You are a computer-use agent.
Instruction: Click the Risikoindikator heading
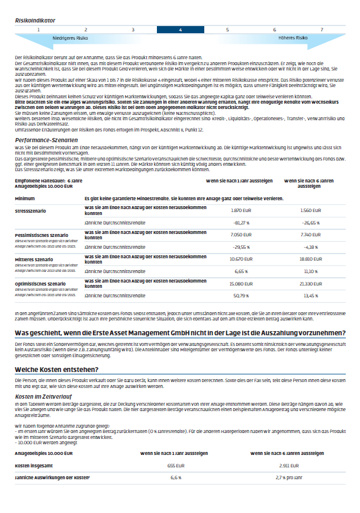[x=36, y=20]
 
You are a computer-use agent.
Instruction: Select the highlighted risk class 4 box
[x=180, y=29]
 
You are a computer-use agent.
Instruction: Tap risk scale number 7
[x=322, y=29]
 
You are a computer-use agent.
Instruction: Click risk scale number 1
[x=38, y=29]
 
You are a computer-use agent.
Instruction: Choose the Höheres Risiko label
[x=292, y=38]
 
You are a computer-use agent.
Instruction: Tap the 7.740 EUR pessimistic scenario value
[x=310, y=234]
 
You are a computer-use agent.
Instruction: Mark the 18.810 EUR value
[x=310, y=258]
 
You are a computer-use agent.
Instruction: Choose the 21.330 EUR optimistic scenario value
[x=310, y=283]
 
